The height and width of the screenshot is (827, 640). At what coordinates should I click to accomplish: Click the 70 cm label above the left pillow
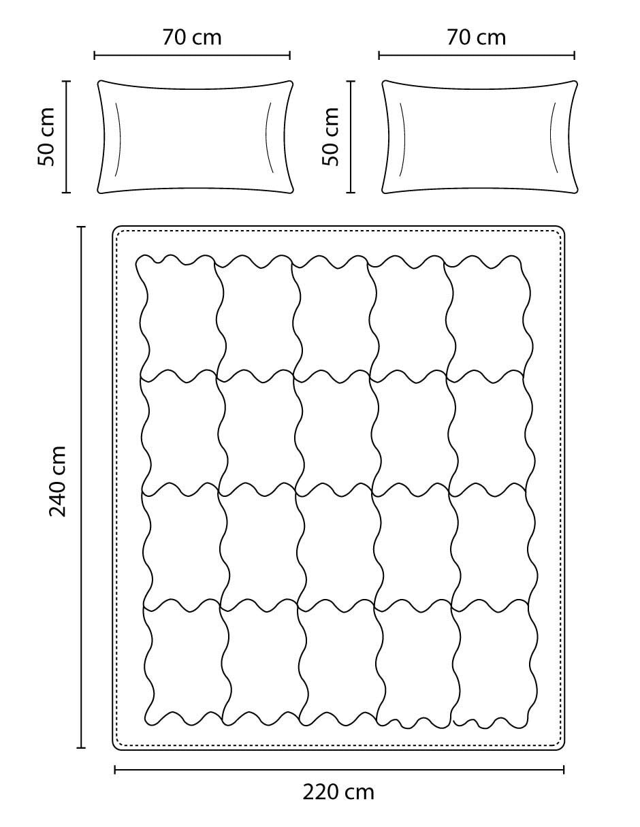click(x=192, y=37)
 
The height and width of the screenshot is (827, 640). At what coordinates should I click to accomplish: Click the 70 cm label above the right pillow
click(x=476, y=37)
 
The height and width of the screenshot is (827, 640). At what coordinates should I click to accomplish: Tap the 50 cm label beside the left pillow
click(x=46, y=137)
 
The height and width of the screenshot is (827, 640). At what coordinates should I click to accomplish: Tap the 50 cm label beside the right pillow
click(x=330, y=137)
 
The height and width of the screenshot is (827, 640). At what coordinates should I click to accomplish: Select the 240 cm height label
click(x=58, y=481)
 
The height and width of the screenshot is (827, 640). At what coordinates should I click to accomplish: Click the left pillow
click(x=195, y=137)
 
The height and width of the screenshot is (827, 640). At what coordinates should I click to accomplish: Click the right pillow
click(x=479, y=137)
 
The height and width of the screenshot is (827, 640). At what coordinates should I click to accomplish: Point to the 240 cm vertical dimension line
click(x=81, y=487)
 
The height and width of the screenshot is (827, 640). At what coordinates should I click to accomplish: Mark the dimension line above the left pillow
click(x=192, y=56)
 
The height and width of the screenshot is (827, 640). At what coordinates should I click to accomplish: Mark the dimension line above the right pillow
click(x=477, y=56)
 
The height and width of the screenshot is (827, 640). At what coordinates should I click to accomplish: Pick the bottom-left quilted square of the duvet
click(x=187, y=662)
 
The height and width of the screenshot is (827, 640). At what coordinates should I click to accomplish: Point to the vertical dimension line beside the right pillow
click(x=351, y=137)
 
